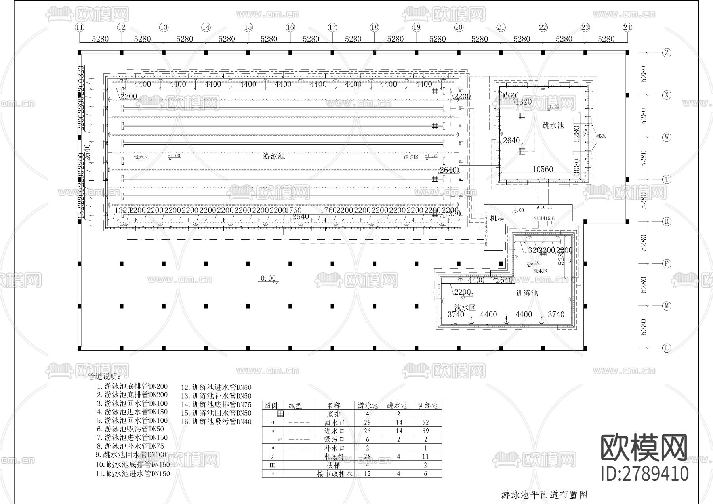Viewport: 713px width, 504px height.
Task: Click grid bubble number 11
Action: (80, 27)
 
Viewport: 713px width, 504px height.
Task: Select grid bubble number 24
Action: (627, 27)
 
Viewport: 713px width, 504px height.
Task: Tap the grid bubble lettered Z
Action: (667, 53)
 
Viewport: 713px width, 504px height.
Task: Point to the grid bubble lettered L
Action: (667, 348)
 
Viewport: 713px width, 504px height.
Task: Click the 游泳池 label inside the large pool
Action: (274, 156)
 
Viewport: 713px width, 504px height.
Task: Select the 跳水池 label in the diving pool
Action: (553, 126)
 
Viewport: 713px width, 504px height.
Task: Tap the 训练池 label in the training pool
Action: (527, 293)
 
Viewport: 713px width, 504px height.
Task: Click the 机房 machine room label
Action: (497, 218)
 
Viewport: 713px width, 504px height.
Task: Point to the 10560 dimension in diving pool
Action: (542, 169)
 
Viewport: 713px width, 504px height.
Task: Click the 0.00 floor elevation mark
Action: (268, 278)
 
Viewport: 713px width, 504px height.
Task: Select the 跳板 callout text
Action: (601, 136)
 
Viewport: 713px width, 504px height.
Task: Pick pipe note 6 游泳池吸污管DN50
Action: (131, 429)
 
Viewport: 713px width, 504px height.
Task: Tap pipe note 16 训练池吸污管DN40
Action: (216, 422)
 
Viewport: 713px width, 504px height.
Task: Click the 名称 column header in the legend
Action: (334, 405)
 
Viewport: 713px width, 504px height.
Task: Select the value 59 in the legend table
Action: (425, 431)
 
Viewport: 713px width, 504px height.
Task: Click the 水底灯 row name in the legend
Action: (334, 456)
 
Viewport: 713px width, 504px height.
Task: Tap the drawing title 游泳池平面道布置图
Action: (544, 494)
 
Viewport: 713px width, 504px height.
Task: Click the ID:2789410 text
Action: (644, 474)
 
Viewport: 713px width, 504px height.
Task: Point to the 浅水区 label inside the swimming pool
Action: (141, 157)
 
